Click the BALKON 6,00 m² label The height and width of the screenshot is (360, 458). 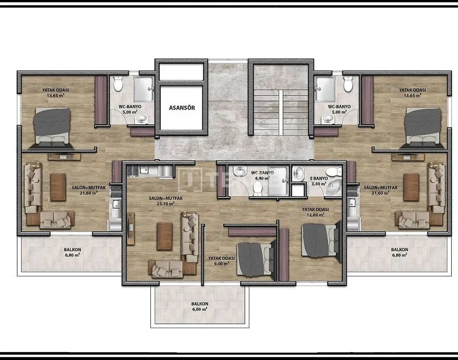pos(199,306)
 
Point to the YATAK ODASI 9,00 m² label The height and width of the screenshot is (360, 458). pos(221,261)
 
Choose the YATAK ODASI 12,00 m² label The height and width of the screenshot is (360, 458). pos(315,212)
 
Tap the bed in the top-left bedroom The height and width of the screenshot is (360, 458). pos(52,127)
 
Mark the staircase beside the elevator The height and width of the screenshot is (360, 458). pos(267,112)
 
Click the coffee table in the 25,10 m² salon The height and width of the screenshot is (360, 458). pos(165,236)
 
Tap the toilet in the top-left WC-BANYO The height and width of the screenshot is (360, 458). pos(118,84)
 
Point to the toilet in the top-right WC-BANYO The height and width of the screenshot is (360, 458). pos(348,84)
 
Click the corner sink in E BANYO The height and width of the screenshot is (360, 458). pos(335,187)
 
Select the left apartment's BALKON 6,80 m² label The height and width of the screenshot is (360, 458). pos(72,252)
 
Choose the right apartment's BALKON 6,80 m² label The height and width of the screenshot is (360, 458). pos(399,252)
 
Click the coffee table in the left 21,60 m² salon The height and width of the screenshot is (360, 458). pos(58,187)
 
